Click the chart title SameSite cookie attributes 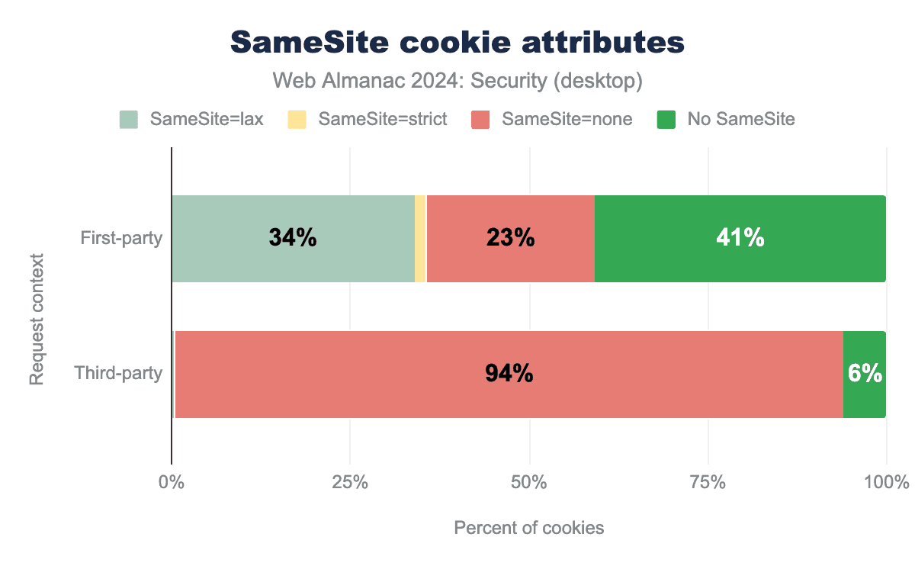point(457,43)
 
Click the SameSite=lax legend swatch point(129,119)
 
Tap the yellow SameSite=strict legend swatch point(297,119)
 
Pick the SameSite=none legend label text point(567,119)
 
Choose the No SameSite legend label point(741,119)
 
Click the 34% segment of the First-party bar point(293,239)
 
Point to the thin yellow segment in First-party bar point(420,239)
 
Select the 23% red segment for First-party point(510,239)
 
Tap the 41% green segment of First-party point(740,239)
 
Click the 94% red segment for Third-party point(509,375)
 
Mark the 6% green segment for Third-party point(865,375)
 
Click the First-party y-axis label point(122,239)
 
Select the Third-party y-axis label point(119,375)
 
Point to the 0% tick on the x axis point(171,483)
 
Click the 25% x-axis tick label point(350,483)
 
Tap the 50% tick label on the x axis point(529,483)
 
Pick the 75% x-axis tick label point(708,483)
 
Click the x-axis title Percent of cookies point(529,528)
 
